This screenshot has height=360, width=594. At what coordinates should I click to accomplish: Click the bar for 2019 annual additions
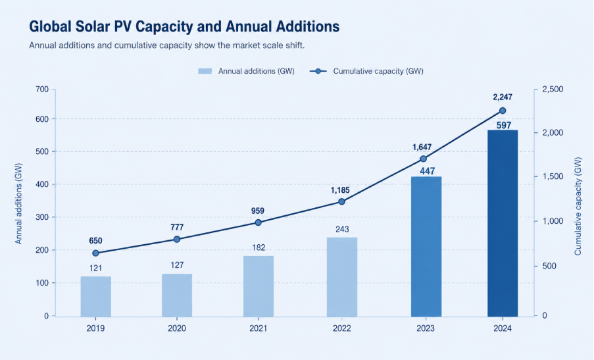pos(96,296)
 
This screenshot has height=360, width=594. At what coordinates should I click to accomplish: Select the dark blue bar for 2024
pos(503,223)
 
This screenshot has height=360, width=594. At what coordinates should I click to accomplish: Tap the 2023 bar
pos(426,247)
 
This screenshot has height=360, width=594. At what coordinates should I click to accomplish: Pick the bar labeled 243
pos(342,277)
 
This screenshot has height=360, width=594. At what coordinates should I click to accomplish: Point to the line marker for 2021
pos(259,222)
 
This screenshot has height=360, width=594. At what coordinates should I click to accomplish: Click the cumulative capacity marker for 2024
pos(503,111)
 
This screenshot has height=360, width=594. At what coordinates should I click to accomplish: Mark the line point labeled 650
pos(96,253)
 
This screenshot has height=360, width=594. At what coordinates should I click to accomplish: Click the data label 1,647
pos(422,147)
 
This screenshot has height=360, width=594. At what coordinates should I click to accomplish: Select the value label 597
pos(504,126)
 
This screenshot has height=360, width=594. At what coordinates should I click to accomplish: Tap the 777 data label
pos(177,227)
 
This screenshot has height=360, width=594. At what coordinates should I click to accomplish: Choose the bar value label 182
pos(259,247)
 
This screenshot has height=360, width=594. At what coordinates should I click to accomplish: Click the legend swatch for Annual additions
pos(205,71)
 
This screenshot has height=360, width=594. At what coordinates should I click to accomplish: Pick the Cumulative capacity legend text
pos(378,71)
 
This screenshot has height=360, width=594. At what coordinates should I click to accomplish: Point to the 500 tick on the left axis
pos(42,151)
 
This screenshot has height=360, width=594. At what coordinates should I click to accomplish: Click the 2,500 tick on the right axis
pos(553,90)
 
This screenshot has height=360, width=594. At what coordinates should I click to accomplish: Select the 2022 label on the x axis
pos(341,328)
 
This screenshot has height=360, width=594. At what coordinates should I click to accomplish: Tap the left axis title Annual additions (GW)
pos(18,203)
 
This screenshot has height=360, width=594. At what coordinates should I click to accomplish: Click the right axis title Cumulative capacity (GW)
pos(578,206)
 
